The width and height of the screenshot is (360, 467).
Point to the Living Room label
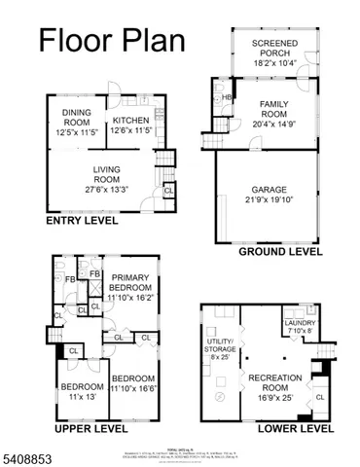pos(107,179)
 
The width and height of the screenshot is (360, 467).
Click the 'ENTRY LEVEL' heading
pos(83,221)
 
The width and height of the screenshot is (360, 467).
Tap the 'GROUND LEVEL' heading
pos(282,250)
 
